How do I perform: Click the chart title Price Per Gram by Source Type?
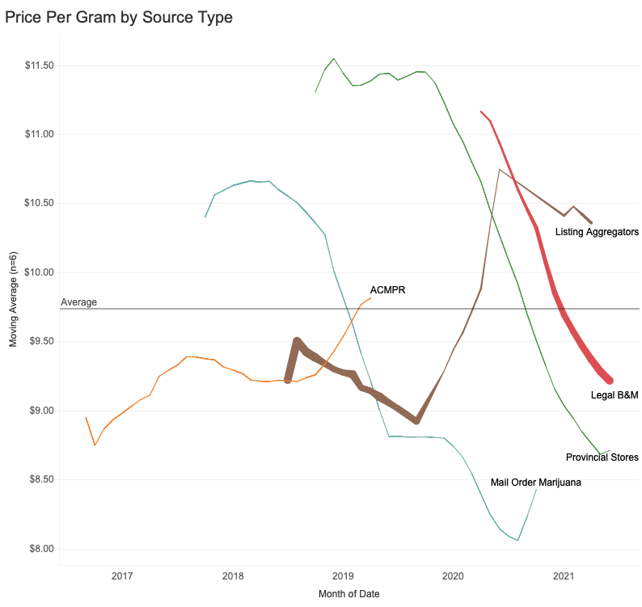tap(119, 17)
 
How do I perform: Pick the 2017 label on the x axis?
tap(122, 576)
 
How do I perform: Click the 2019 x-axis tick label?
tap(343, 576)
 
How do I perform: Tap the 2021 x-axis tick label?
tap(563, 576)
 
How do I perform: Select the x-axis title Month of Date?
tap(348, 594)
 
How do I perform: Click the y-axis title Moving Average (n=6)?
tap(13, 300)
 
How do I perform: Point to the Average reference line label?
tap(79, 302)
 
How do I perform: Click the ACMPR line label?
tap(387, 289)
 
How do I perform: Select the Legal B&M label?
tap(615, 395)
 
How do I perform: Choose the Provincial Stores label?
tap(602, 457)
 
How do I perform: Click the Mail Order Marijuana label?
tap(536, 483)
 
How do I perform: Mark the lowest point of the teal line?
tap(517, 540)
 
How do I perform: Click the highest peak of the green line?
tap(334, 58)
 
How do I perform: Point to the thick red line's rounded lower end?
tap(610, 380)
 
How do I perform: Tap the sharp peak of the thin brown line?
tap(500, 169)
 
